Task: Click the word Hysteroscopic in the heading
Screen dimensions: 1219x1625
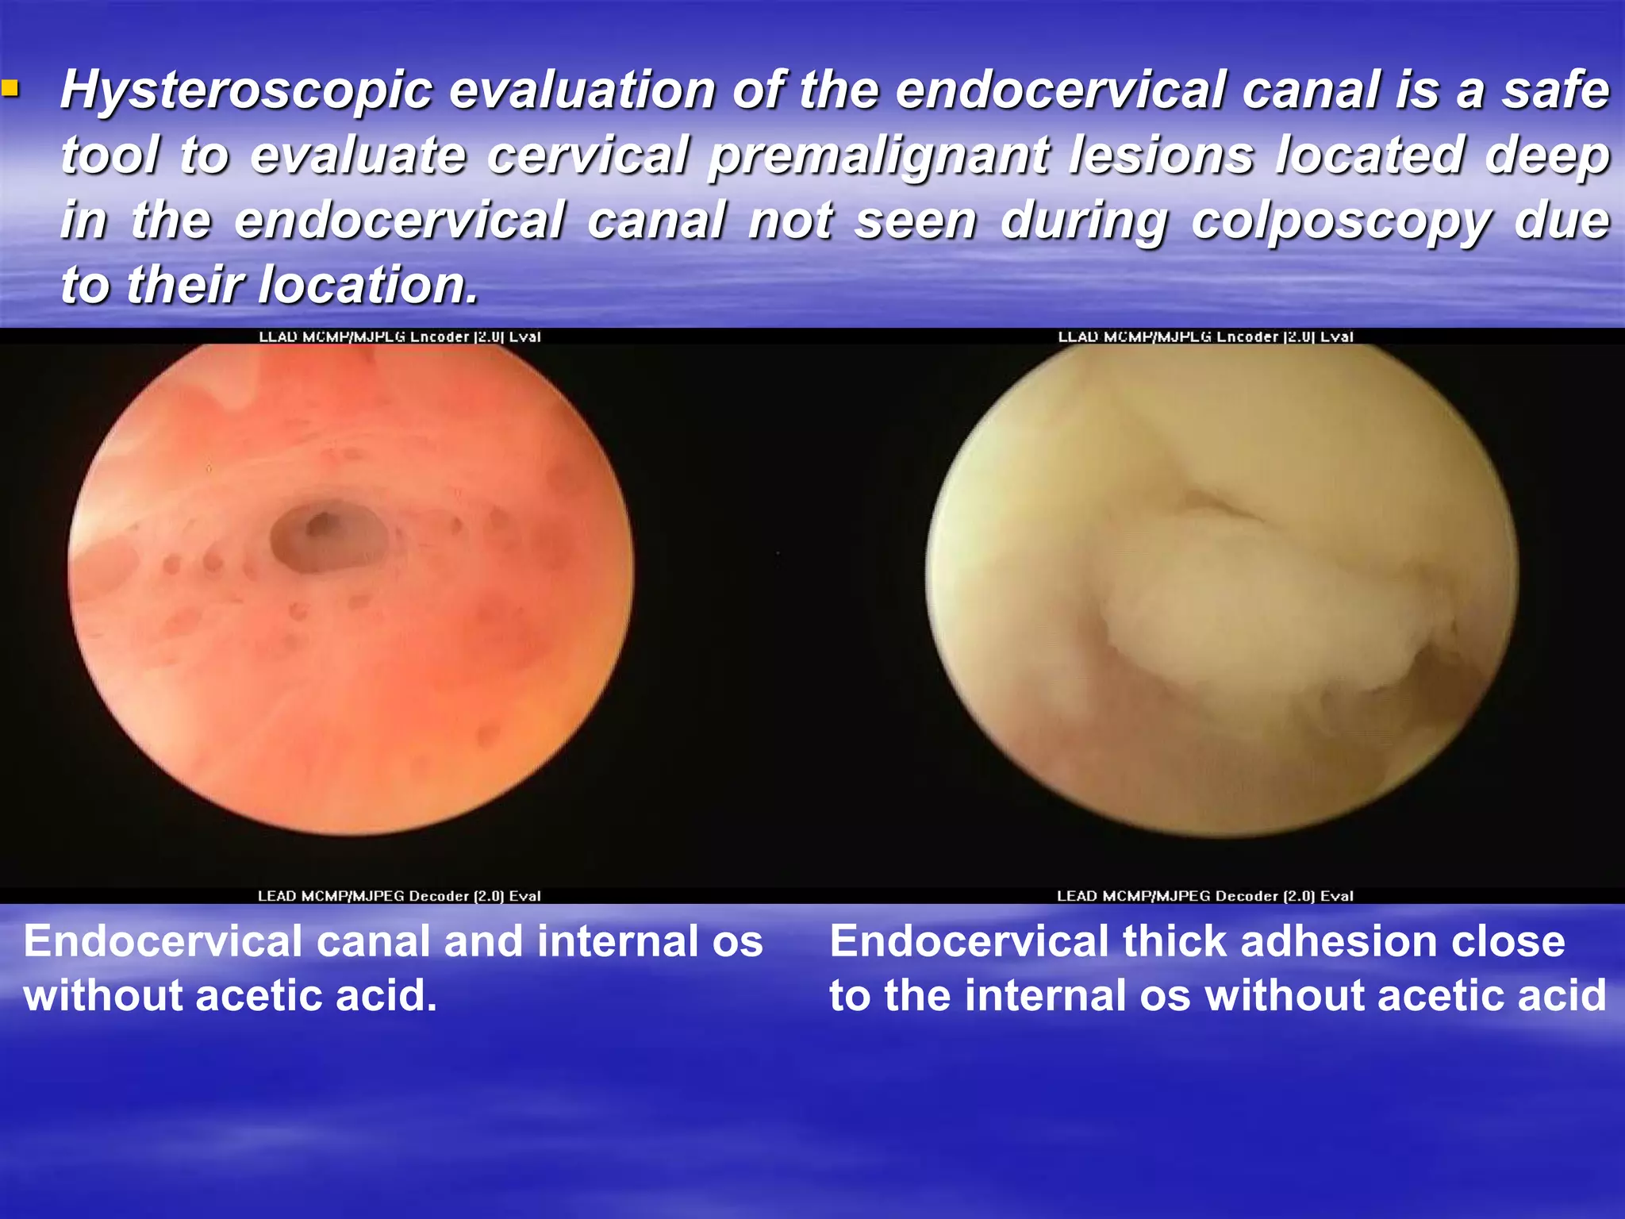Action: (x=247, y=90)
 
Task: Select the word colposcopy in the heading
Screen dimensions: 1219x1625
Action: (x=1342, y=221)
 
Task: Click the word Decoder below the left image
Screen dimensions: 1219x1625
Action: (x=439, y=896)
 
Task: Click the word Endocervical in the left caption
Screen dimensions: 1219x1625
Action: (x=162, y=942)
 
